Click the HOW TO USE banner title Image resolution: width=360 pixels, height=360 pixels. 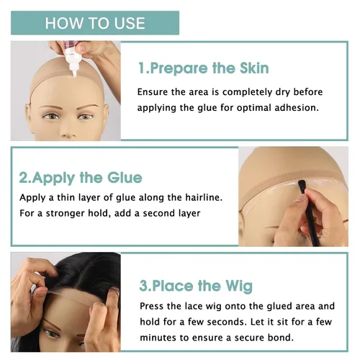(x=95, y=23)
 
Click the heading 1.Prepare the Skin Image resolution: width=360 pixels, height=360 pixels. (x=204, y=68)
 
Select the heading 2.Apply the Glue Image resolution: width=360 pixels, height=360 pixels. (x=81, y=178)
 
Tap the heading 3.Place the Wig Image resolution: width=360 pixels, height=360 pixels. (x=196, y=286)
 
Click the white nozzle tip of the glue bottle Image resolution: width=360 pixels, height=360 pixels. (x=74, y=74)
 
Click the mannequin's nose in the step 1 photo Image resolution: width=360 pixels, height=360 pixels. (x=66, y=132)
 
